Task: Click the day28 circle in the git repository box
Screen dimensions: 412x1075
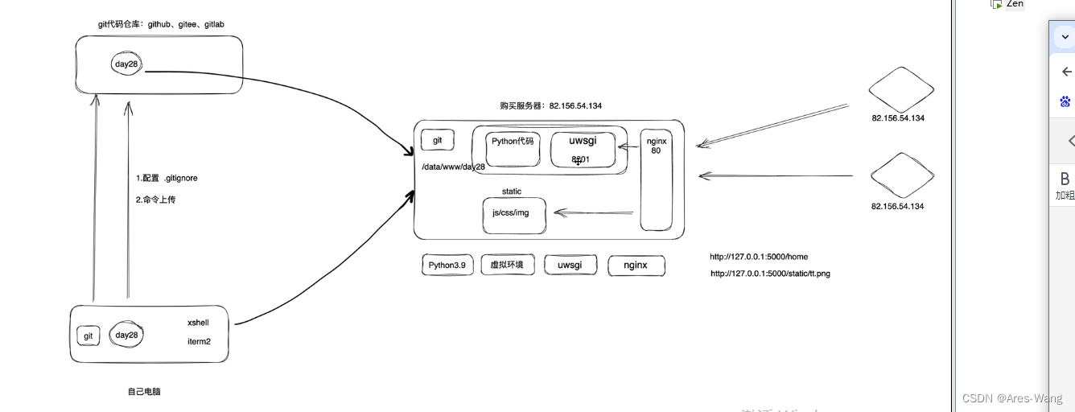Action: pos(127,64)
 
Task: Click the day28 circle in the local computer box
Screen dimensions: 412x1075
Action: pos(126,335)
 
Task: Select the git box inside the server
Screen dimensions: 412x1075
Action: pos(437,140)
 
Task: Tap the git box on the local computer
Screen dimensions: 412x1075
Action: pos(89,336)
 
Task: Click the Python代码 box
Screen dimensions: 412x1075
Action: pos(513,148)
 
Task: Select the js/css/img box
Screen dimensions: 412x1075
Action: pos(513,215)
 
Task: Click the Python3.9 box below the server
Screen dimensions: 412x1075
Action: pos(447,265)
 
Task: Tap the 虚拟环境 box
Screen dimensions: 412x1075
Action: pos(507,265)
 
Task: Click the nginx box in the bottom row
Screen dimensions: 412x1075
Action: pos(636,266)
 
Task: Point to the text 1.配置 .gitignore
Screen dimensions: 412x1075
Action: pos(167,178)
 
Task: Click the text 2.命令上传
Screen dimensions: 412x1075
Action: pos(155,200)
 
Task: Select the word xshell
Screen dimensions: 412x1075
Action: pos(198,322)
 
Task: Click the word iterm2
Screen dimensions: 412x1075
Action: pos(198,341)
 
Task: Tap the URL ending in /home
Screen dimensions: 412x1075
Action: pos(759,257)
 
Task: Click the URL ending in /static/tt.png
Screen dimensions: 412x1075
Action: pos(770,274)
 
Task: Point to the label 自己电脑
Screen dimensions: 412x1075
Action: pos(144,392)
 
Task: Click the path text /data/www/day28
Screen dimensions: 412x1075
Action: pos(454,167)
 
